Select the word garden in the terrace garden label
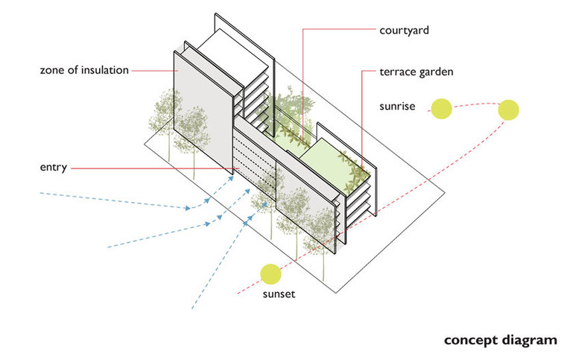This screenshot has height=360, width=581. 437,73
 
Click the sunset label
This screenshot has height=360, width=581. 279,294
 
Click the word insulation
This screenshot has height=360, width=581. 103,71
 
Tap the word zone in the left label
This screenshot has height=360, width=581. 54,71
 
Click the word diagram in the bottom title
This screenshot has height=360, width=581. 529,340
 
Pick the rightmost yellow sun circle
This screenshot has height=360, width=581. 509,110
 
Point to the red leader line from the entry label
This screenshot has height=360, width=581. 149,168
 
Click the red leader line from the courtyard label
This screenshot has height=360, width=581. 302,75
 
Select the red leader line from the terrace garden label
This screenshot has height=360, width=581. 363,119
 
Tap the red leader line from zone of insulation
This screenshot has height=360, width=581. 153,71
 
